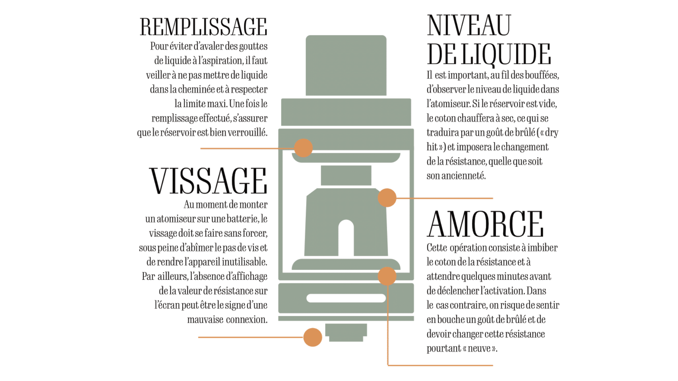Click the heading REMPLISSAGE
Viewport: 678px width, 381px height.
(x=203, y=27)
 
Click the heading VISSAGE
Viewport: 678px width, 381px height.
(x=208, y=181)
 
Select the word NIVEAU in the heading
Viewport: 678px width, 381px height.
(x=469, y=25)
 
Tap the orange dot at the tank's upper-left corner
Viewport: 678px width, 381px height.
(x=303, y=148)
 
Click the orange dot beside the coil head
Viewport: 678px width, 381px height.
(x=387, y=198)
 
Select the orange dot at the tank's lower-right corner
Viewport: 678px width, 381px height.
(x=387, y=276)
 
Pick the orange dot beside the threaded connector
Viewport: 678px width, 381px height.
(x=313, y=337)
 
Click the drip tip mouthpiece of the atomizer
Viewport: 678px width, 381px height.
(x=346, y=65)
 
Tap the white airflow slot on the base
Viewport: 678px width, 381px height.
(x=346, y=298)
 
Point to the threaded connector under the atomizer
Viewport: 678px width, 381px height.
(x=346, y=333)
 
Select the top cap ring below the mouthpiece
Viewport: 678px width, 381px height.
(x=346, y=112)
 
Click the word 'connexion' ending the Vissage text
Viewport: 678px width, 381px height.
(x=247, y=320)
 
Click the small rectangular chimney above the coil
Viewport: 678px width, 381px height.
(x=346, y=175)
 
